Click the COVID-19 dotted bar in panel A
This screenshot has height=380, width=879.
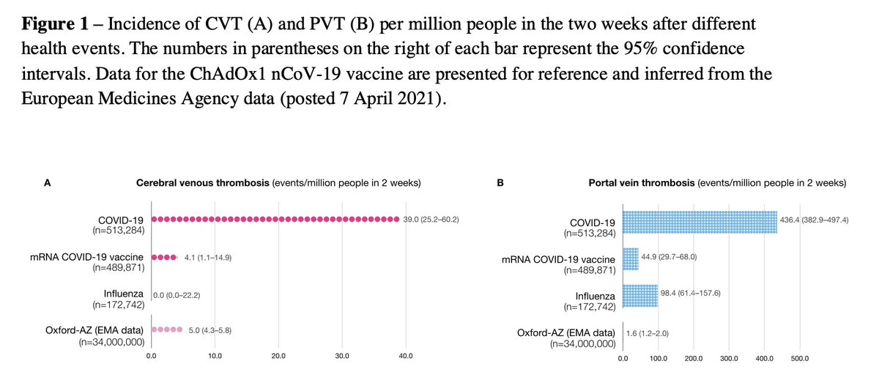tap(274, 220)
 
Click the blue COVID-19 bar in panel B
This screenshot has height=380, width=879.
tap(700, 223)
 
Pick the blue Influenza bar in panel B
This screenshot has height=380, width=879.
tap(640, 296)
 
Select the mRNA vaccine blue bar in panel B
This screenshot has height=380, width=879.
tap(630, 259)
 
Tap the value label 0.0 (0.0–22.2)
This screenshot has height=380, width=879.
tap(177, 294)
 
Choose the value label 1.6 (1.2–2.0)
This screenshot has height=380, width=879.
tap(647, 333)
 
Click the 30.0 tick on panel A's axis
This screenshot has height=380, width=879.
tap(342, 357)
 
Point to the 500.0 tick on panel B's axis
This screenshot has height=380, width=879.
tap(800, 359)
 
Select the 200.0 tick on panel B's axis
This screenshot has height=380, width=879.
tap(693, 359)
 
